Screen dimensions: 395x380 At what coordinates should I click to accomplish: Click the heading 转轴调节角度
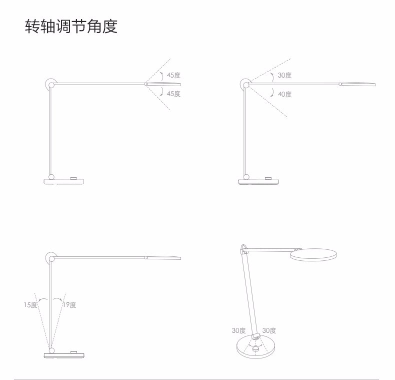tap(71, 26)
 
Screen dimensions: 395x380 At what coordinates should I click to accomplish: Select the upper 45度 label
tap(173, 75)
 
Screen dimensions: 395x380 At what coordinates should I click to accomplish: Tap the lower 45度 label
tap(173, 94)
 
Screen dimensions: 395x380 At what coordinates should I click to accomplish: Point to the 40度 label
tap(284, 94)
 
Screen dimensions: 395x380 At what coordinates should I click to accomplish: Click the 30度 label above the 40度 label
tap(284, 75)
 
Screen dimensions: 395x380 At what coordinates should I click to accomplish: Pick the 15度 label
tap(30, 305)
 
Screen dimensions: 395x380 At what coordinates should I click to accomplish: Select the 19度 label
tap(69, 305)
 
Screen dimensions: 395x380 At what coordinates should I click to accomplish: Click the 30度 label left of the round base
tap(238, 330)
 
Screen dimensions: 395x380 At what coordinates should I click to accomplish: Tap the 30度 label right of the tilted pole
tap(269, 330)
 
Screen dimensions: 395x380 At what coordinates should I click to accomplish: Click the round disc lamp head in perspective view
tap(313, 255)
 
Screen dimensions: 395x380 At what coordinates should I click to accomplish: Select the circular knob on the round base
tap(256, 349)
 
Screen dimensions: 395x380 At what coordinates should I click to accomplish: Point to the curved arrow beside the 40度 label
tap(272, 93)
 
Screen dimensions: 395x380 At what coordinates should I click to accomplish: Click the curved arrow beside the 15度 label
tap(43, 299)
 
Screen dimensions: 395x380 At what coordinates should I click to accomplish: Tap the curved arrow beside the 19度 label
tap(57, 299)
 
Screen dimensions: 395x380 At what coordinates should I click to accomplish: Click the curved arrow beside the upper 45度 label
tap(161, 76)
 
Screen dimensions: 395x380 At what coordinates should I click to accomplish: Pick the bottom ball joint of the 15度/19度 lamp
tap(51, 350)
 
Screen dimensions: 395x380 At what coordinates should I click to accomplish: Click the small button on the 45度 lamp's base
tap(74, 179)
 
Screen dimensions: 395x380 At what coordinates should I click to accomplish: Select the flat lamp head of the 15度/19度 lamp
tap(163, 258)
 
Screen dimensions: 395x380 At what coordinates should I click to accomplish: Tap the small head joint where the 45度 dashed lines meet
tap(145, 84)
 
